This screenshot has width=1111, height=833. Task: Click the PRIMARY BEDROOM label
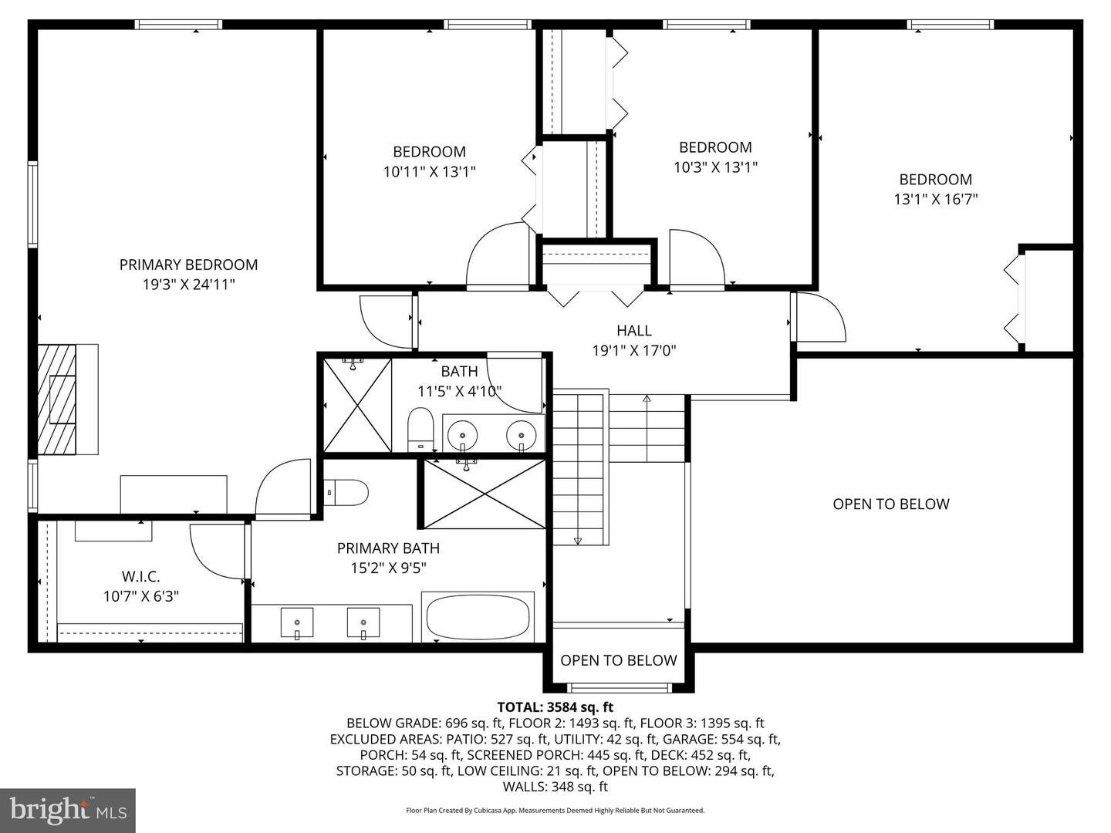[x=188, y=265]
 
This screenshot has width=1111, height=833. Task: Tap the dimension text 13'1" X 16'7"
[x=935, y=199]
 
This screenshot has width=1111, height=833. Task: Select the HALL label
[x=633, y=330]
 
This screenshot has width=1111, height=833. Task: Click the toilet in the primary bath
[x=348, y=491]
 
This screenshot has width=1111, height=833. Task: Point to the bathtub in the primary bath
[x=478, y=617]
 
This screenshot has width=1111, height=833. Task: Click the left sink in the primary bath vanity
[x=297, y=622]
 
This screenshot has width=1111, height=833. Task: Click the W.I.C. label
[x=141, y=576]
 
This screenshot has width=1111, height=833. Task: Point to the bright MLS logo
[x=68, y=810]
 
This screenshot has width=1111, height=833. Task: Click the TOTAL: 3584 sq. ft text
[x=555, y=707]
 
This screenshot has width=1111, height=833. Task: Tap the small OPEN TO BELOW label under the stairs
[x=618, y=660]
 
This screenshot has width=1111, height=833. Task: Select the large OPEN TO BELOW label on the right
[x=890, y=504]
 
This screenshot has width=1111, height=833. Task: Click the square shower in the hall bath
[x=357, y=405]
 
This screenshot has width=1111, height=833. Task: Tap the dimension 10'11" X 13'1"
[x=429, y=171]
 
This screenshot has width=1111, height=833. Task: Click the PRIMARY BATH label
[x=388, y=548]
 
